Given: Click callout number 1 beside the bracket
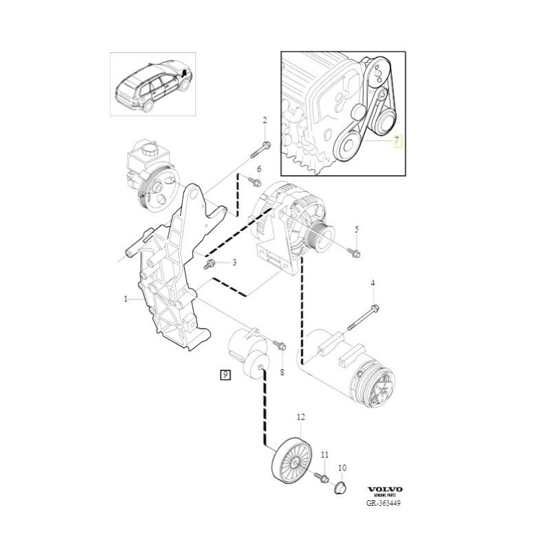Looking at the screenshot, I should click(126, 299).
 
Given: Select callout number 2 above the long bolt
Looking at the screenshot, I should click(264, 121).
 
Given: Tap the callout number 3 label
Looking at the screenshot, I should click(233, 262).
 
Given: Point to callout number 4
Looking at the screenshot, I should click(373, 283).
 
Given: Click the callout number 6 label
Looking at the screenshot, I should click(259, 169).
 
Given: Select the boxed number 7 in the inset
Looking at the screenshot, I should click(397, 143).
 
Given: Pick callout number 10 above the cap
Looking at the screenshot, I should click(342, 468).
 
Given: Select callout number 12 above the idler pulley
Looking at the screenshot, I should click(300, 417).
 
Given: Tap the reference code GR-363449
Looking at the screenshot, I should click(383, 503).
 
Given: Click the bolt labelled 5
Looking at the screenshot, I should click(354, 253).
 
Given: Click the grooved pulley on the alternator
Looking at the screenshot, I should click(319, 240).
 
